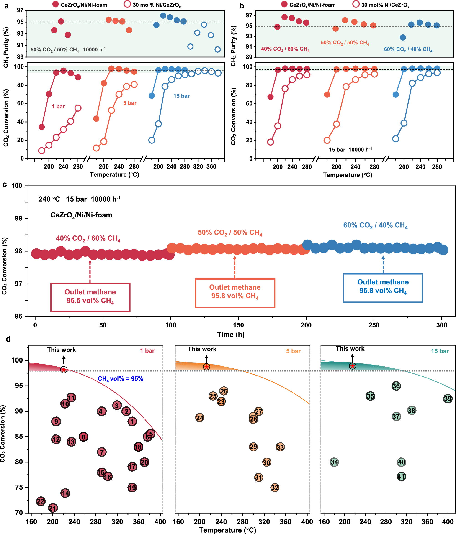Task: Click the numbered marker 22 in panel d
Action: coord(41,501)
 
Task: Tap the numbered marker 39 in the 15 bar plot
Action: coord(448,399)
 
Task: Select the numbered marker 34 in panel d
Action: coord(334,462)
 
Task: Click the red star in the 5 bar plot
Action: coord(206,367)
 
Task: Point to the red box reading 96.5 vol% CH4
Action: coord(90,297)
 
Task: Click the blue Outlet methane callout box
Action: coord(383,288)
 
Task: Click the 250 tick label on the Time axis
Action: coord(374,325)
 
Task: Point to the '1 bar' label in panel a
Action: coord(58,106)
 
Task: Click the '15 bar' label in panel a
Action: coord(181,96)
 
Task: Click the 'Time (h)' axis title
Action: coord(231,335)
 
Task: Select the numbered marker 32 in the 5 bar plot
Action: coord(275,487)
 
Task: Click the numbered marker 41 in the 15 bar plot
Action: coord(401,476)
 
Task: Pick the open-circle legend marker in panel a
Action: coord(127,4)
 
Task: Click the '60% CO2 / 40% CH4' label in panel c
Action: coord(375,225)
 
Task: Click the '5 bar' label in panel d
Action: coord(293,351)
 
